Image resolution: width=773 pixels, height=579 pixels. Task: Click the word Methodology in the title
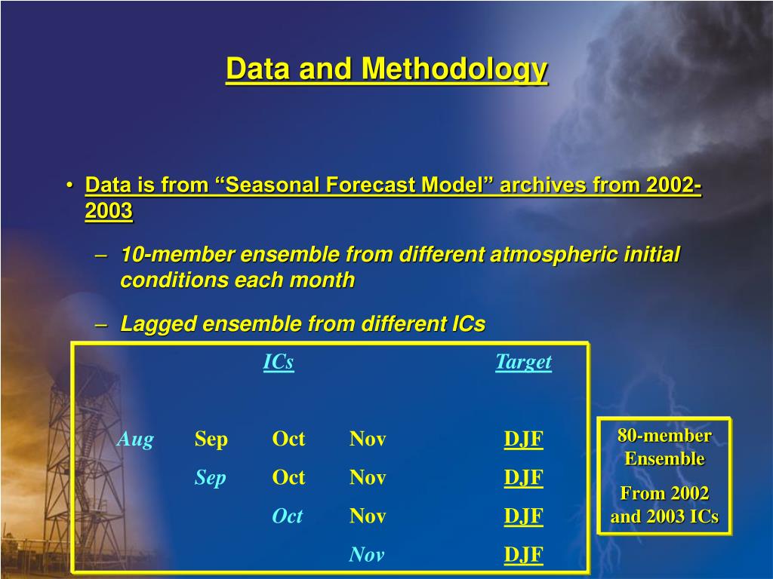[x=454, y=70]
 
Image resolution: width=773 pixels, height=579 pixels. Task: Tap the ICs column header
[x=279, y=362]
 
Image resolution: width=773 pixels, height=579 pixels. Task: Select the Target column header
[x=524, y=363]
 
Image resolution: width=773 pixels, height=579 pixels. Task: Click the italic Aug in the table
[x=135, y=440]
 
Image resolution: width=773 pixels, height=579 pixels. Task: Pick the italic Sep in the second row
[x=211, y=478]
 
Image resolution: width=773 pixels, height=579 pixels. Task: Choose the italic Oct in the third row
[x=288, y=516]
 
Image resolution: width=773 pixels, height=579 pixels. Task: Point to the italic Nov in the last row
[x=366, y=554]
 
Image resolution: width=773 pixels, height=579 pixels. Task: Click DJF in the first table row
[x=524, y=439]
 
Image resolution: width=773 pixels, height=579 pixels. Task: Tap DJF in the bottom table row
[x=524, y=554]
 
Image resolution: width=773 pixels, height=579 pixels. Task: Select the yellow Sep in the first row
[x=211, y=440]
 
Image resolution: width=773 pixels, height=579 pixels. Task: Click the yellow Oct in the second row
[x=288, y=477]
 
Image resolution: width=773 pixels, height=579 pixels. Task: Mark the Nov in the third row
[x=368, y=516]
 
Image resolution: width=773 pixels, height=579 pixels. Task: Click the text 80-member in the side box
[x=664, y=436]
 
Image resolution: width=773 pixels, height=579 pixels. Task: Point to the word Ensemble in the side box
[x=664, y=458]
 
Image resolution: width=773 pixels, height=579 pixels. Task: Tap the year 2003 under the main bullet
[x=109, y=211]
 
